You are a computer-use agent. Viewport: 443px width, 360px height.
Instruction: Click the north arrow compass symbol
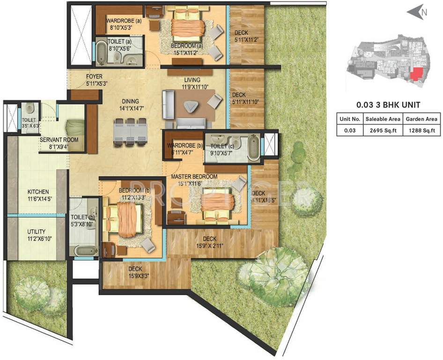click(416, 13)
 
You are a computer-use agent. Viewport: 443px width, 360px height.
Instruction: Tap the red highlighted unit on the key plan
click(414, 75)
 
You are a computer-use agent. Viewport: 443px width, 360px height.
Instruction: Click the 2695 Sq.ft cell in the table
click(384, 131)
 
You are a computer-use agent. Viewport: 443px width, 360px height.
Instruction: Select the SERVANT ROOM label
click(59, 140)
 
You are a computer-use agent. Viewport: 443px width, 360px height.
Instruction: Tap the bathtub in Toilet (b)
click(84, 251)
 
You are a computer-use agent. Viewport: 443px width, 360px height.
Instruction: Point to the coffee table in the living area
click(190, 107)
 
